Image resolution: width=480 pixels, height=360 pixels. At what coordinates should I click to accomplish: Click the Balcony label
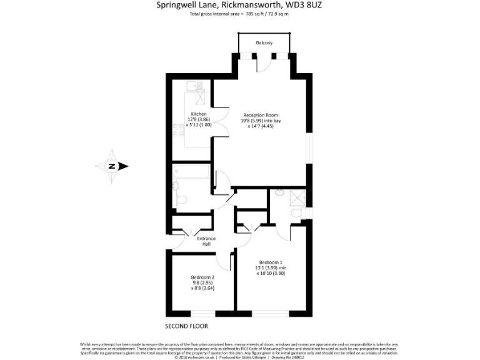click(264, 43)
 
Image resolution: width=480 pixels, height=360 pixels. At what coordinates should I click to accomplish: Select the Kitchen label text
click(199, 114)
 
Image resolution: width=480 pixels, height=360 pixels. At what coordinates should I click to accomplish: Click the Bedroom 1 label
click(271, 262)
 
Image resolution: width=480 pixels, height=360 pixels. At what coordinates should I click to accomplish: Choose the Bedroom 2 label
click(202, 277)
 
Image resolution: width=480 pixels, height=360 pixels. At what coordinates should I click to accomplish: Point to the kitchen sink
click(199, 98)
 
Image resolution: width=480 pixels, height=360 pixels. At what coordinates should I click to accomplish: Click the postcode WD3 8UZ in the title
click(309, 5)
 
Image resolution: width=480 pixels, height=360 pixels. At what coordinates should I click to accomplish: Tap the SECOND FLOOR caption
click(186, 326)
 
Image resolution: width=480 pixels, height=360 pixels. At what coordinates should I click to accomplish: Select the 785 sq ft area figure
click(252, 14)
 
